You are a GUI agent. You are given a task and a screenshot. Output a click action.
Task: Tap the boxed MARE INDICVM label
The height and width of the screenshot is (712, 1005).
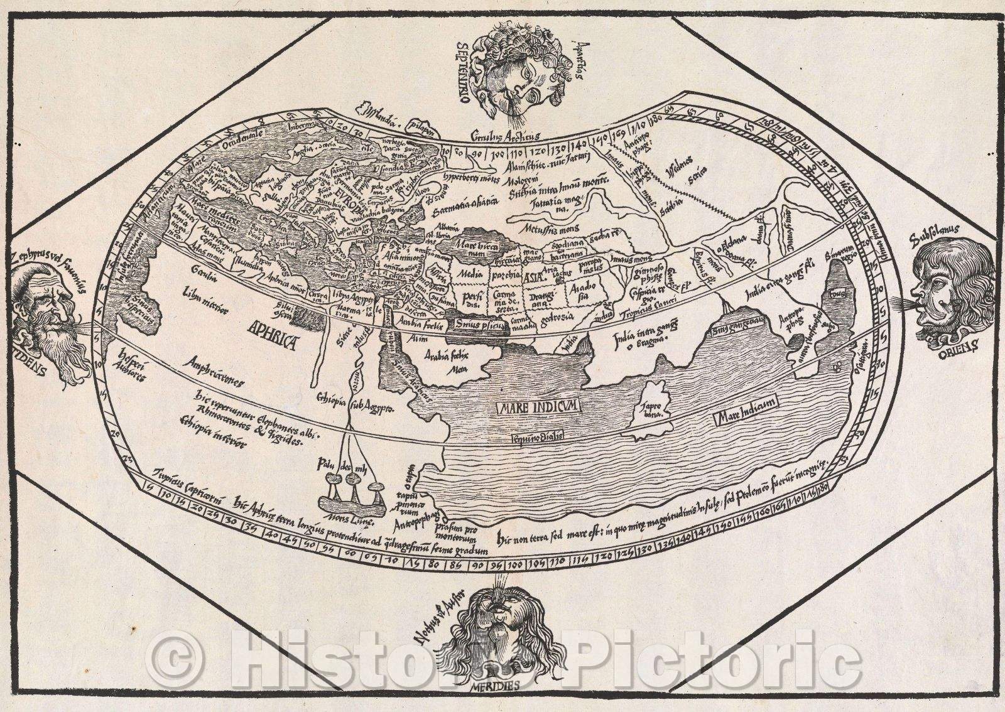[x=539, y=407]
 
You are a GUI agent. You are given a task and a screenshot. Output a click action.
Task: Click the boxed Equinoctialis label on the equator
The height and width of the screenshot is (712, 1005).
[x=538, y=435]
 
